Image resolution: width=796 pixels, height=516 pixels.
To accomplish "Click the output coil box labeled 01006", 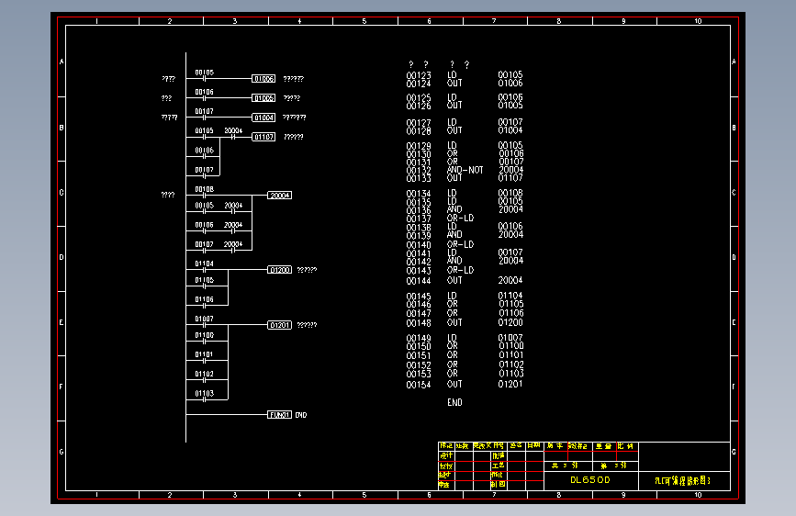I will pyautogui.click(x=263, y=79).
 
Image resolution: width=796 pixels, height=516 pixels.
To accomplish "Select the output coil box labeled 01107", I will pyautogui.click(x=263, y=137).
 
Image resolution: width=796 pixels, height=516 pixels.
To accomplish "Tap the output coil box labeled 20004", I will pyautogui.click(x=280, y=196).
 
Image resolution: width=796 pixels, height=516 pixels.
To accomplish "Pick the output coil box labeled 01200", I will pyautogui.click(x=280, y=270).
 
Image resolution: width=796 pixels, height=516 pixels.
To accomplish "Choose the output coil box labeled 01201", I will pyautogui.click(x=280, y=325).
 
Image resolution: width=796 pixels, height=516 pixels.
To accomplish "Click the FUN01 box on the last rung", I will pyautogui.click(x=280, y=415).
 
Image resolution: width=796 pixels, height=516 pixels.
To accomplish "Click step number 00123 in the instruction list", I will pyautogui.click(x=419, y=75).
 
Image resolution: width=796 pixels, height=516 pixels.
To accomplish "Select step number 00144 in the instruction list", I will pyautogui.click(x=419, y=280).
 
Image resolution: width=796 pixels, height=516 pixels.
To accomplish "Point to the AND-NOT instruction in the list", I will pyautogui.click(x=465, y=170).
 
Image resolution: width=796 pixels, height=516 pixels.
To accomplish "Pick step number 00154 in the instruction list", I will pyautogui.click(x=419, y=385).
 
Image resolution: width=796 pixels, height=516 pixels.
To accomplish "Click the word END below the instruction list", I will pyautogui.click(x=454, y=402).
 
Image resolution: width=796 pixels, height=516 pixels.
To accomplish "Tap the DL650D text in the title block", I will pyautogui.click(x=590, y=479).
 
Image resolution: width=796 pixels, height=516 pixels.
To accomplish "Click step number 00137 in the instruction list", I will pyautogui.click(x=419, y=219).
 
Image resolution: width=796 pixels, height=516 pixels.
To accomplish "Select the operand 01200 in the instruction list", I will pyautogui.click(x=510, y=322).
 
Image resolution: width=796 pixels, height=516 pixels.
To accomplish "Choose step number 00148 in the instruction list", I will pyautogui.click(x=419, y=322).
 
